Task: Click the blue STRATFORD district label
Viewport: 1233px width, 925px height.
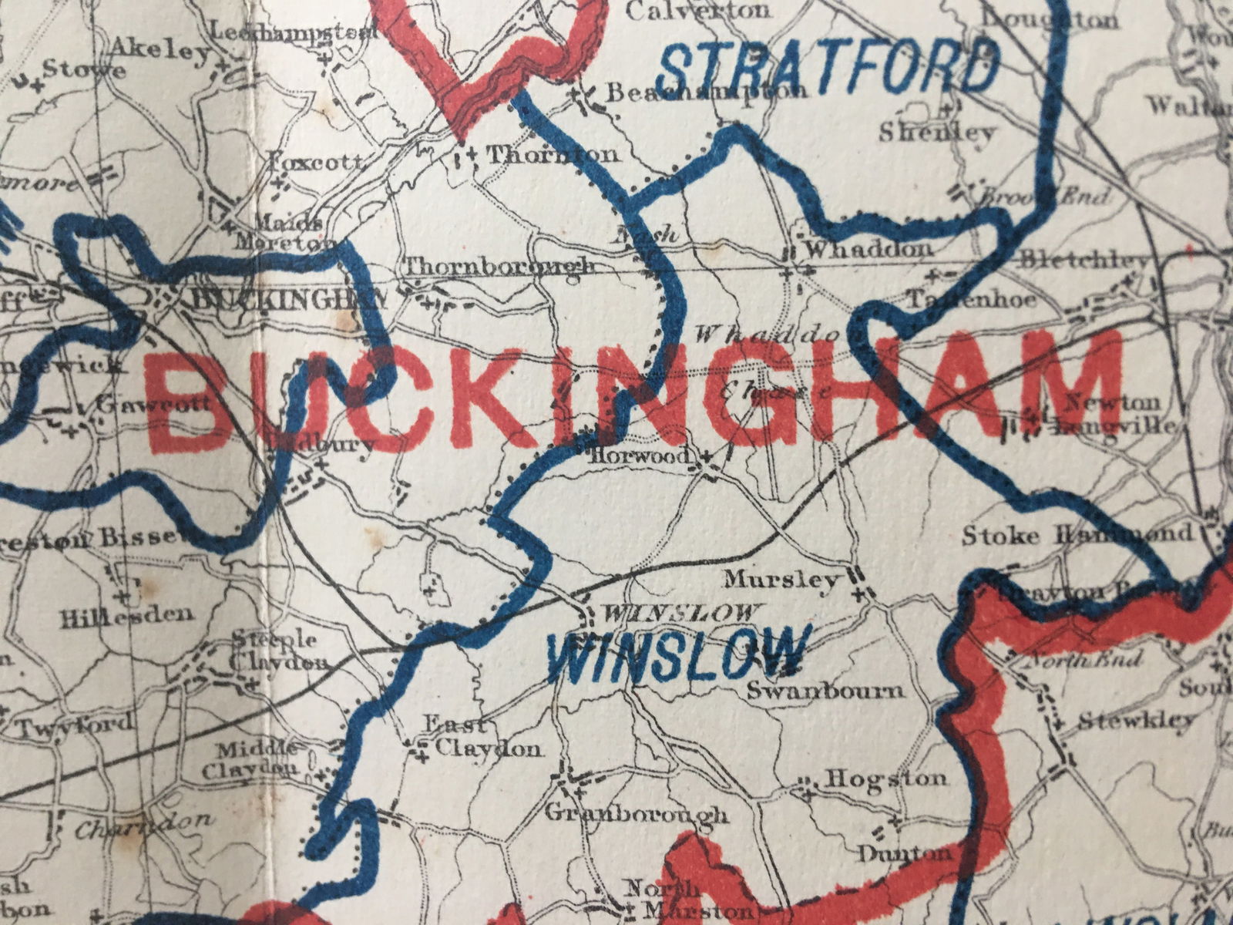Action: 828,68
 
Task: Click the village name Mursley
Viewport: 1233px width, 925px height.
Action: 781,579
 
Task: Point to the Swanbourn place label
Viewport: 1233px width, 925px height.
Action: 826,689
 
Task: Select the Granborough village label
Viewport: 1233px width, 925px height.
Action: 636,813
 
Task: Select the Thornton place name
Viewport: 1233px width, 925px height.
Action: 553,154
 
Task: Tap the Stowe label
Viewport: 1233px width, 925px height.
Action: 83,69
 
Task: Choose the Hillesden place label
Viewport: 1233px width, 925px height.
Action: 126,615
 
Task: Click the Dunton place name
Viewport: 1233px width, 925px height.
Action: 905,853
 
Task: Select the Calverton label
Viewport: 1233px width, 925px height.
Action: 697,11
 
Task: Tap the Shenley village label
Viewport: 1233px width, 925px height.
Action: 936,133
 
